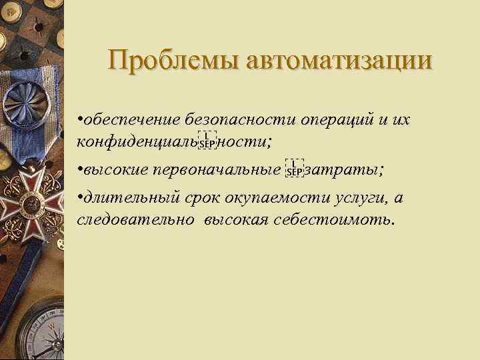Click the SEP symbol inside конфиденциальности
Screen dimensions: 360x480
tap(207, 141)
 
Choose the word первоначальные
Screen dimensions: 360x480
tap(217, 169)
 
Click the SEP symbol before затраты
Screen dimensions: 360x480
tap(294, 169)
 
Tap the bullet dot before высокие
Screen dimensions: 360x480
tap(79, 169)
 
